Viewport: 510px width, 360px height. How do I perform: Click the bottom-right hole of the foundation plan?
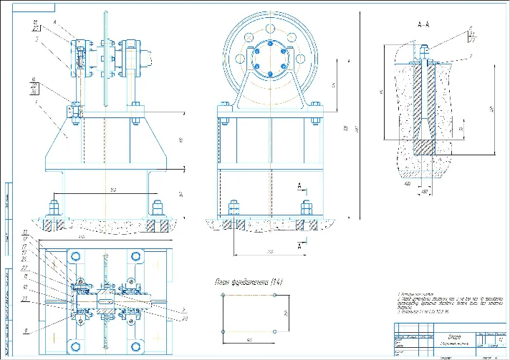tap(276, 332)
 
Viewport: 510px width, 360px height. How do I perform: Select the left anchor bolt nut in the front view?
tap(54, 210)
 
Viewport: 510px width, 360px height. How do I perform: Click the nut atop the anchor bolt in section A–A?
tap(424, 51)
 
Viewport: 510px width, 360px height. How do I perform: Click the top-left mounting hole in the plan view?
tap(73, 256)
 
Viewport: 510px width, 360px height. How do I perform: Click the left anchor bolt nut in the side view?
tap(234, 210)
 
